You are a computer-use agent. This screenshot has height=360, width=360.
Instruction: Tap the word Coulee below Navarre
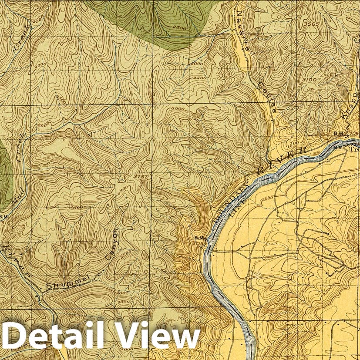pos(267,98)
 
